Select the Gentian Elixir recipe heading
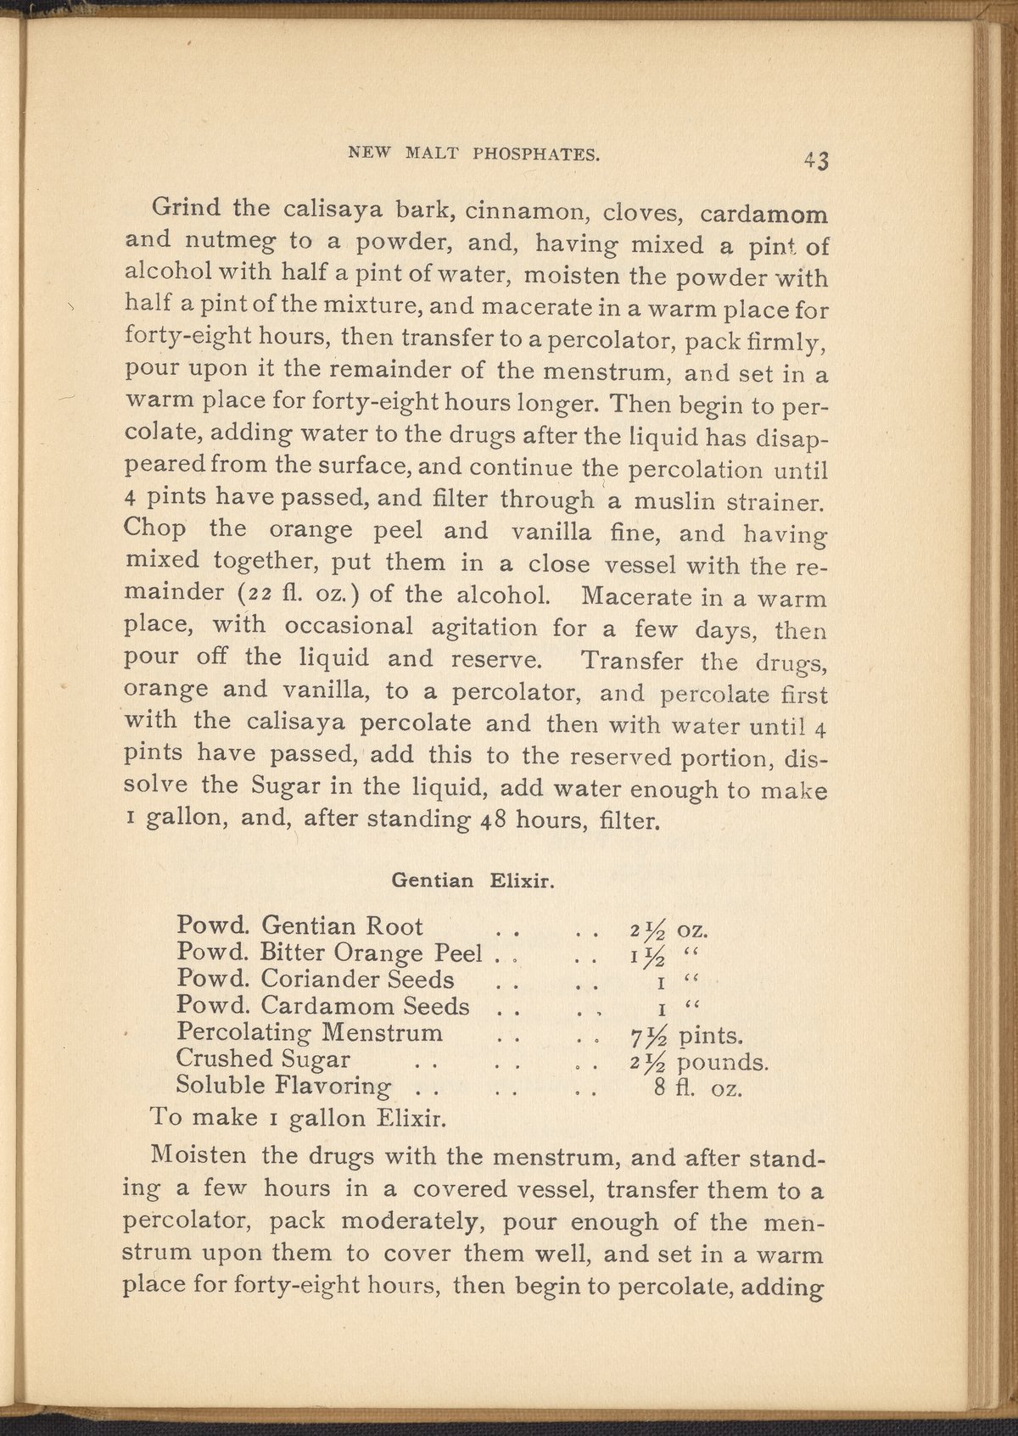pyautogui.click(x=473, y=881)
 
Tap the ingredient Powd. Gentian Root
pyautogui.click(x=300, y=925)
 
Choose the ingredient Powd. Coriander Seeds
pyautogui.click(x=315, y=979)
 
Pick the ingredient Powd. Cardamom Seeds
pyautogui.click(x=322, y=1006)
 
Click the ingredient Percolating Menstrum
pyautogui.click(x=310, y=1033)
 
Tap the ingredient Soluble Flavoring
pyautogui.click(x=283, y=1086)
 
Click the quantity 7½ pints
pyautogui.click(x=683, y=1036)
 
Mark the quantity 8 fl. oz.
pyautogui.click(x=698, y=1088)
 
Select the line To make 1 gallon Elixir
pyautogui.click(x=297, y=1117)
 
